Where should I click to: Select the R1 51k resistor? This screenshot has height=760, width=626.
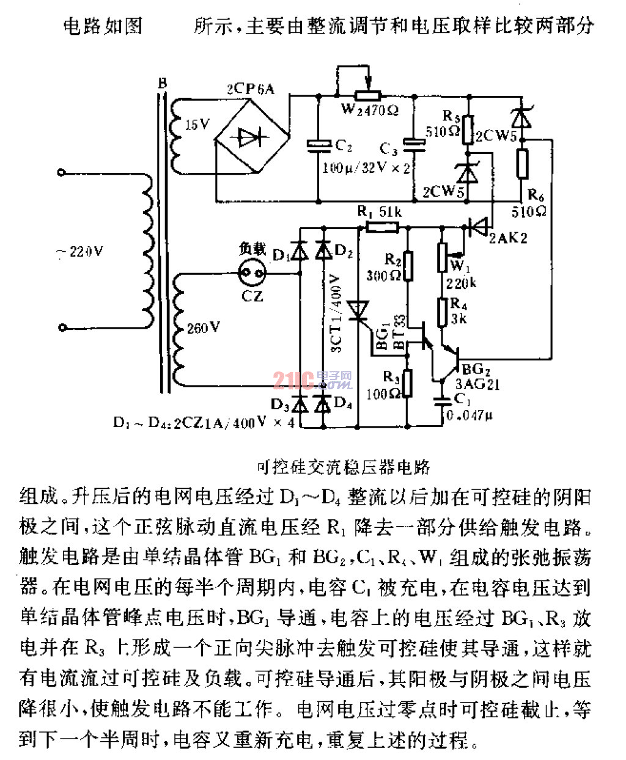pos(381,227)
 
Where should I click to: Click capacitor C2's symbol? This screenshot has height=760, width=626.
pos(319,145)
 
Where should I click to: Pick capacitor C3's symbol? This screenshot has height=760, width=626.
pos(415,145)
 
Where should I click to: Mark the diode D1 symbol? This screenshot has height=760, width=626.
pos(300,251)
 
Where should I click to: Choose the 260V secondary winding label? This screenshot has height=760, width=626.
pos(203,328)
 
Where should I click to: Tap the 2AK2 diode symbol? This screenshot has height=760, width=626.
pos(478,227)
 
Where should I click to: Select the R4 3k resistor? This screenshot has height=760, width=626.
pos(442,312)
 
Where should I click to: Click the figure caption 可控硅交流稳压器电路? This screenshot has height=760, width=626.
pos(344,468)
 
